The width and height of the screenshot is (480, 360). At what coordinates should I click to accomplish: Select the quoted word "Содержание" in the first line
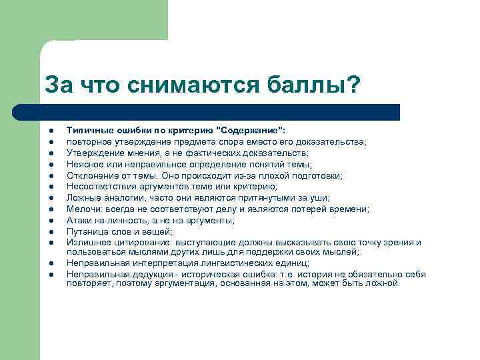(x=254, y=131)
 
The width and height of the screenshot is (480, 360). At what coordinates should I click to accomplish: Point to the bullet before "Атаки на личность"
(x=51, y=220)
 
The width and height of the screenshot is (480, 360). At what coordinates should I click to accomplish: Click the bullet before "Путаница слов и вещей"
(x=51, y=231)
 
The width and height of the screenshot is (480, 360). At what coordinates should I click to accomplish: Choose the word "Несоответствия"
(x=98, y=187)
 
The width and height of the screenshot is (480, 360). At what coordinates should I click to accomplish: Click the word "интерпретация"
(x=151, y=263)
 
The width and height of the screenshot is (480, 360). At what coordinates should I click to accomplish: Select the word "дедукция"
(x=141, y=273)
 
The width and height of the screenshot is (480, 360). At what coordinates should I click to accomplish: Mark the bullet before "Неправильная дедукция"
(x=51, y=274)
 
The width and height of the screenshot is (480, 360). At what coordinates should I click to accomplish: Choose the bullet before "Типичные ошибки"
(x=51, y=131)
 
